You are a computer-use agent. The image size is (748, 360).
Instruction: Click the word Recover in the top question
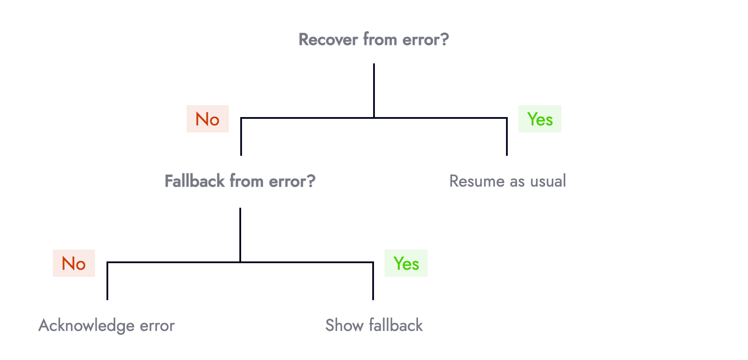328,40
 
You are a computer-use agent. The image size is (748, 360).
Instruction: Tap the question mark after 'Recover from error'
445,40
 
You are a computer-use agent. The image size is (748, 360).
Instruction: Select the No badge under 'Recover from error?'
208,119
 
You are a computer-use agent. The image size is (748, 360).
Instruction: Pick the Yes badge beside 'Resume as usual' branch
540,119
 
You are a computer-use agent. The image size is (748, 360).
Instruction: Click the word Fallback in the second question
194,181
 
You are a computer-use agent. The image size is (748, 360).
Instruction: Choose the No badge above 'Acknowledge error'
74,263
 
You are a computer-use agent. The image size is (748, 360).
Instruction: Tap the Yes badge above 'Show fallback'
406,263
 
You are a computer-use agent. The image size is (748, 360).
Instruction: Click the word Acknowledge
86,326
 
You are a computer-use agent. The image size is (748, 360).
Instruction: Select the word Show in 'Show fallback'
344,326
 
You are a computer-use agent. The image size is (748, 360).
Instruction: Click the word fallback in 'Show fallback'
396,326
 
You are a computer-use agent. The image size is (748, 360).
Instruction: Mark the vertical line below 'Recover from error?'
374,90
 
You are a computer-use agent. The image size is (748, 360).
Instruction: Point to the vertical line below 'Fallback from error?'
240,235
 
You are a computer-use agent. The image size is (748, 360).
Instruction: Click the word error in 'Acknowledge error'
157,326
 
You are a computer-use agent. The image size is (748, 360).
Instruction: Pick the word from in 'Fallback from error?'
246,181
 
